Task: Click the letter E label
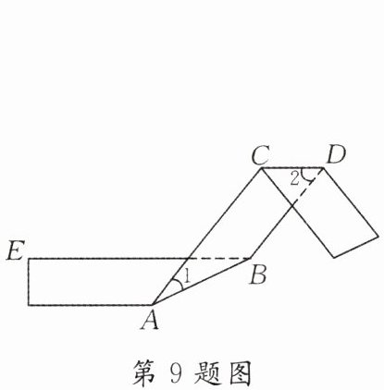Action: pyautogui.click(x=15, y=250)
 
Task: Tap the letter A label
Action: pyautogui.click(x=150, y=320)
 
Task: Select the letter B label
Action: pyautogui.click(x=258, y=274)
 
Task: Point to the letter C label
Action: pyautogui.click(x=261, y=155)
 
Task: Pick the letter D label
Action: pyautogui.click(x=336, y=155)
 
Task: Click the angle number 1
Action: pyautogui.click(x=186, y=276)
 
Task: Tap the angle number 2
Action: pyautogui.click(x=295, y=178)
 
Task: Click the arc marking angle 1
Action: pyautogui.click(x=179, y=284)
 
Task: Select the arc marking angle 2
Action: pyautogui.click(x=306, y=176)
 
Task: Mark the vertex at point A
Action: pyautogui.click(x=153, y=305)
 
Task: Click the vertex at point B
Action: pyautogui.click(x=252, y=258)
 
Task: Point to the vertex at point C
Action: pyautogui.click(x=262, y=168)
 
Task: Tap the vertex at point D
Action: pyautogui.click(x=323, y=168)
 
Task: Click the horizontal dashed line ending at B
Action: pyautogui.click(x=219, y=258)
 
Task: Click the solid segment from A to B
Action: pyautogui.click(x=202, y=282)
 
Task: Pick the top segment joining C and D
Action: pyautogui.click(x=292, y=168)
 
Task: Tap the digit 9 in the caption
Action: pyautogui.click(x=176, y=372)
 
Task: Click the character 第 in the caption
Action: pyautogui.click(x=144, y=373)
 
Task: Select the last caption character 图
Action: pyautogui.click(x=240, y=373)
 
